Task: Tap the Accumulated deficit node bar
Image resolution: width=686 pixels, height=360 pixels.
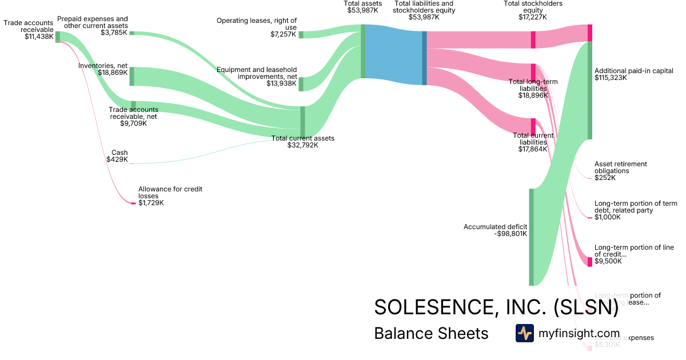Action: click(x=531, y=237)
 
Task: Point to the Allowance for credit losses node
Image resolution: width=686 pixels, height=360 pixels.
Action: click(x=134, y=203)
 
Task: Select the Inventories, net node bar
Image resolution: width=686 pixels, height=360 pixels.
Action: click(x=131, y=76)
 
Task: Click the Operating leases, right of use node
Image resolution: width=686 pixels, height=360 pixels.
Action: click(x=301, y=34)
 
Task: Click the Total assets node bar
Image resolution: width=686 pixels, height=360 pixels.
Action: click(x=363, y=51)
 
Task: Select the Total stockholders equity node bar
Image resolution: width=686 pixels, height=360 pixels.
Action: click(x=533, y=39)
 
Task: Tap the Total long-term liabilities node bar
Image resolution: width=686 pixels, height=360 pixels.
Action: click(x=533, y=73)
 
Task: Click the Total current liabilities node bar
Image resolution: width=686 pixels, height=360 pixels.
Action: click(x=533, y=126)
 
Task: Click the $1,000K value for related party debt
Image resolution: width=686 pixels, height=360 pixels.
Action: click(x=607, y=217)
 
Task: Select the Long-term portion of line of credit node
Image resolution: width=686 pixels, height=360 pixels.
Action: click(x=590, y=262)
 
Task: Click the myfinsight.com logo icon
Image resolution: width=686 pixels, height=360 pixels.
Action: click(x=524, y=333)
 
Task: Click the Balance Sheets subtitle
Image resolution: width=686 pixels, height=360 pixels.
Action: click(x=431, y=334)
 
